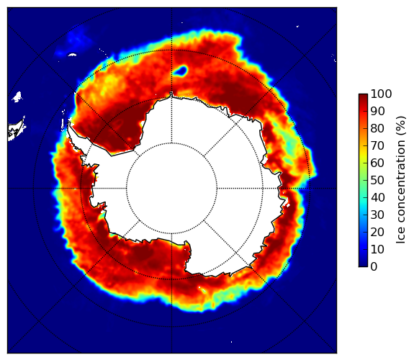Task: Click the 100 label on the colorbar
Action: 381,94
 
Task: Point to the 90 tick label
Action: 377,111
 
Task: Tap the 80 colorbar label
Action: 377,128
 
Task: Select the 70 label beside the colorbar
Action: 377,145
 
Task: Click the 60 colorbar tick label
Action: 377,163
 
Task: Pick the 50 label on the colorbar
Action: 377,180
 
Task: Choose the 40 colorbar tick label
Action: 377,197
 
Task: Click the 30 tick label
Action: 377,215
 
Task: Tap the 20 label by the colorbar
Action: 377,232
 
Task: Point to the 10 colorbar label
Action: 377,249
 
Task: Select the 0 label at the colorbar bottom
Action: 374,266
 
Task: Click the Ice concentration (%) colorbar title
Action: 401,180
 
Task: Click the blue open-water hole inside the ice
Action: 181,71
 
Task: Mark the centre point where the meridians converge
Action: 171,189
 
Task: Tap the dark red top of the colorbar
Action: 363,96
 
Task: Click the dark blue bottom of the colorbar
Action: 363,264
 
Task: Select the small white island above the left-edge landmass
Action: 17,96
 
